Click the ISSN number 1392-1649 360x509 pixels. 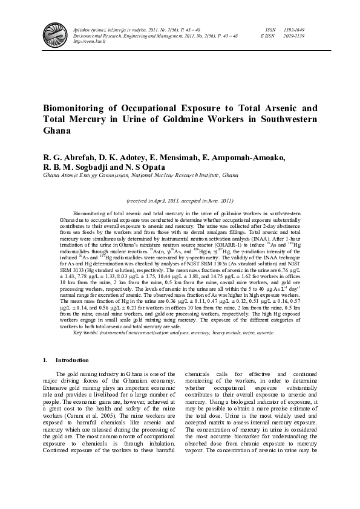coord(292,29)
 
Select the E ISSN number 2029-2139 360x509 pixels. coord(292,36)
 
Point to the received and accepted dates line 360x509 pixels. coord(180,200)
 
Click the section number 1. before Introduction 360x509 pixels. coord(45,361)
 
